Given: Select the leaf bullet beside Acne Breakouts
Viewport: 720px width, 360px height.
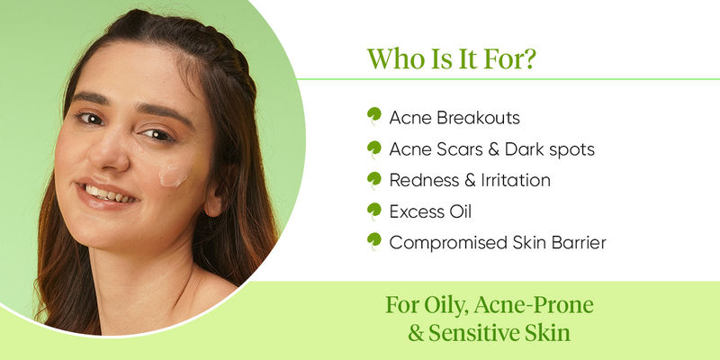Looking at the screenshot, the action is [x=374, y=116].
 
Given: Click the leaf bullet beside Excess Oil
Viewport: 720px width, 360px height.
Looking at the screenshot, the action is [x=374, y=211].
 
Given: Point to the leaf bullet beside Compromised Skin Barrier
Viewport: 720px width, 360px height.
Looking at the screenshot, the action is [x=374, y=241].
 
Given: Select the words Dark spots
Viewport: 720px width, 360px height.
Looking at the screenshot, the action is [x=550, y=150].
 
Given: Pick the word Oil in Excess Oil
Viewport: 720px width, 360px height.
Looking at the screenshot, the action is [x=460, y=211].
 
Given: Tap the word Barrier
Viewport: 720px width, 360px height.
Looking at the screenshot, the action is [x=579, y=242].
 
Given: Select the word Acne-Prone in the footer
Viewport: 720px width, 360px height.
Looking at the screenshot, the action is [x=534, y=305].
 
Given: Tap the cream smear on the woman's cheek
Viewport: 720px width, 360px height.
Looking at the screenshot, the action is [x=174, y=174].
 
